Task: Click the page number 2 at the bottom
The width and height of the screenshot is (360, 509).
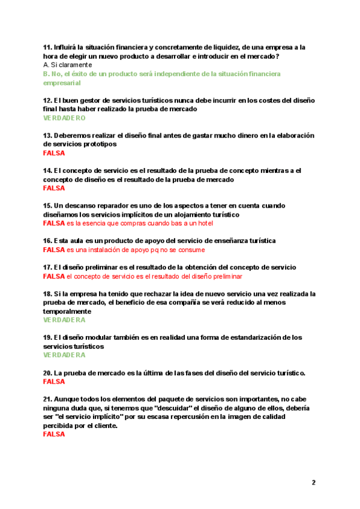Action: (313, 482)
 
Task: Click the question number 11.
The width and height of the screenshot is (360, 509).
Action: (47, 47)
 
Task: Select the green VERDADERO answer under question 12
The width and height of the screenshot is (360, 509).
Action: (65, 118)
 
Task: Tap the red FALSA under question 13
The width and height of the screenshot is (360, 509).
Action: (54, 153)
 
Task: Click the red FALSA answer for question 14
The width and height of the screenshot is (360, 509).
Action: (54, 188)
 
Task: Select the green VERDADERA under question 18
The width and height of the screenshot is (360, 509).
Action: (65, 320)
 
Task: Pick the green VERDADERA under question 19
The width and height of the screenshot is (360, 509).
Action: (65, 355)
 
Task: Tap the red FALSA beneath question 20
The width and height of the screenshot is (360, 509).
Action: (54, 381)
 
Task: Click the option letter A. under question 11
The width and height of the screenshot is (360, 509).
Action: (46, 65)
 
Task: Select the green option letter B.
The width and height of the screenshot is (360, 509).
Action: (47, 74)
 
